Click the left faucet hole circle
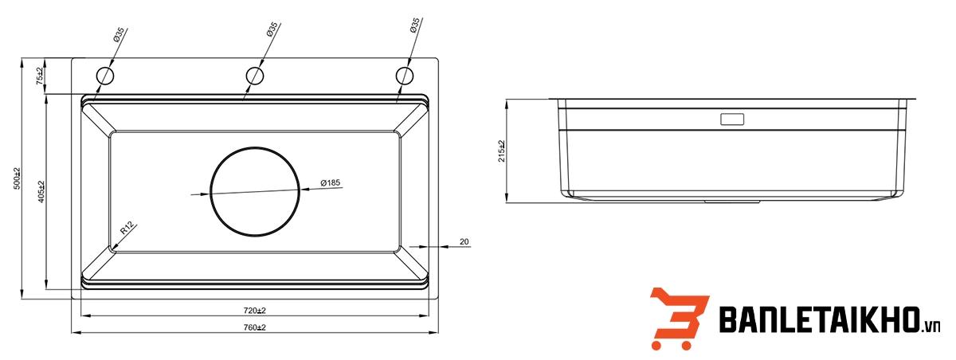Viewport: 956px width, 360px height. click(x=105, y=76)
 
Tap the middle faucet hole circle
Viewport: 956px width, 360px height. click(x=255, y=76)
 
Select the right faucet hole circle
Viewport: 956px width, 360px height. click(x=405, y=76)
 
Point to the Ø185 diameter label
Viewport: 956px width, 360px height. click(x=330, y=183)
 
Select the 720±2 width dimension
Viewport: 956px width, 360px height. click(x=254, y=310)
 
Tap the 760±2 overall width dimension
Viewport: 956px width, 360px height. click(x=254, y=327)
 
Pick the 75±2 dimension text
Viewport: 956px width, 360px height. click(x=39, y=76)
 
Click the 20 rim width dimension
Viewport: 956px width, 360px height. click(x=464, y=241)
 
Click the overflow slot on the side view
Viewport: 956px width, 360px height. click(x=732, y=120)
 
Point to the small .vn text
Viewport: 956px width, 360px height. click(x=932, y=327)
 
